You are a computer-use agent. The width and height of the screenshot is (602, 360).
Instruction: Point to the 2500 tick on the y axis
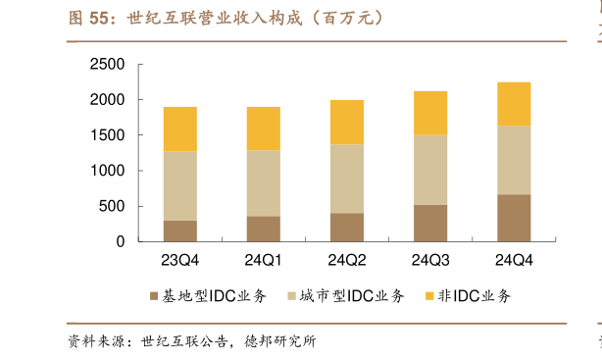pos(107,65)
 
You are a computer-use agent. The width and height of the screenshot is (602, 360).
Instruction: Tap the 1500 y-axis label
pos(107,135)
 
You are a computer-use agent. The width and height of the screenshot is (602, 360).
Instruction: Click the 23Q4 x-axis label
pos(180,261)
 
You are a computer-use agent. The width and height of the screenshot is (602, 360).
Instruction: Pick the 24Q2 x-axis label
pos(347,261)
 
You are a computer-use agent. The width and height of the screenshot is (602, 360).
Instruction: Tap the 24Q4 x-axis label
pos(514,261)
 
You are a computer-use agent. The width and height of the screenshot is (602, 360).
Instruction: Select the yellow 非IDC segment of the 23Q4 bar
pos(180,129)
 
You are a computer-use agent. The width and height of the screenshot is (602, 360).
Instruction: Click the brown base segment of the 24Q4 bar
pos(514,218)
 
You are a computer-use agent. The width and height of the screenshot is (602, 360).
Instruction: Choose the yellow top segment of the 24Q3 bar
pos(430,113)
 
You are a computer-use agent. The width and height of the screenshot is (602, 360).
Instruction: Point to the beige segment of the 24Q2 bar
pos(347,179)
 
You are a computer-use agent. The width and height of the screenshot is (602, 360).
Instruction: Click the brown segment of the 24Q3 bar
pos(430,223)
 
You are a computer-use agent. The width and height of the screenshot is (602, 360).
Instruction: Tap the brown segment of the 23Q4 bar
pos(180,231)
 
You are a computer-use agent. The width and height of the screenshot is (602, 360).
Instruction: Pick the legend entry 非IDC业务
pos(468,296)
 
